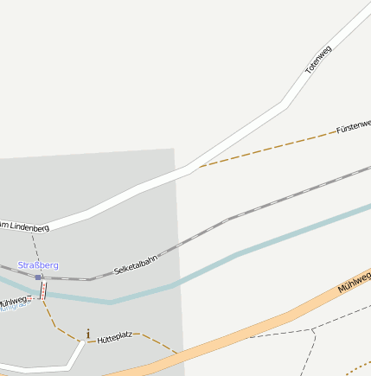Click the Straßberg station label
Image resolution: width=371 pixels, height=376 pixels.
coord(38,264)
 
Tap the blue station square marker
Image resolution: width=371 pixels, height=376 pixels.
coord(38,277)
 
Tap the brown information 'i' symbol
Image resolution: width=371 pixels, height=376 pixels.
coord(87,334)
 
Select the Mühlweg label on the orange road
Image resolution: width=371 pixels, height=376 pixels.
coord(354,282)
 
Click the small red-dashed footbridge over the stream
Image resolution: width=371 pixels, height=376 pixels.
coord(43,291)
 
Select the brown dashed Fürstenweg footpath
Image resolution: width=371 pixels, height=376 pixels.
coord(268,148)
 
